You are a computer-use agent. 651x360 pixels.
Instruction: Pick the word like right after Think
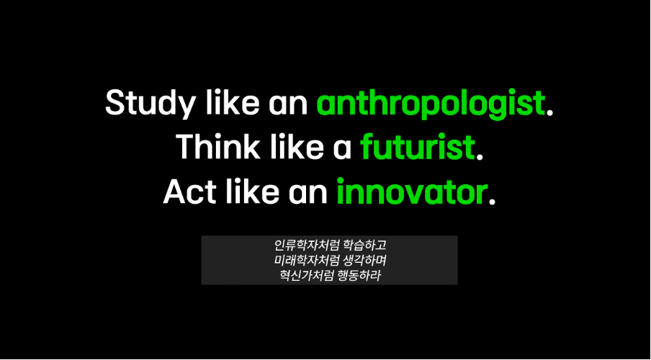point(295,148)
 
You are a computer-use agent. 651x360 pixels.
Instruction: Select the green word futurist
point(417,148)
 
